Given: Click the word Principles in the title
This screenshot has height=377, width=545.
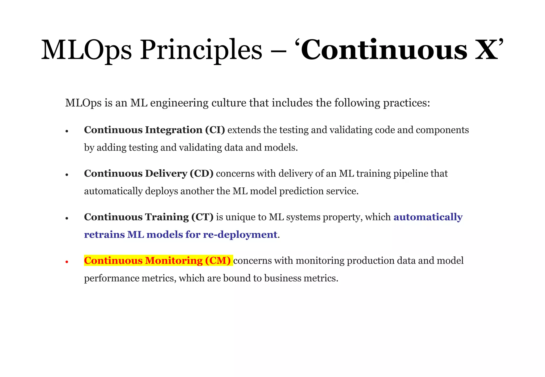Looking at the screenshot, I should click(201, 50).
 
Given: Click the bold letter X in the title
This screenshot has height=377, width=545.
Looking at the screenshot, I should click(486, 50).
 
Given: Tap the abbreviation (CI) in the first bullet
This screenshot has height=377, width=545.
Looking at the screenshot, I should click(215, 130).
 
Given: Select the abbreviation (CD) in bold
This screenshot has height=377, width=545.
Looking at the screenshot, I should click(201, 174).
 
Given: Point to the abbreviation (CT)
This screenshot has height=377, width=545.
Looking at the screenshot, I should click(202, 217).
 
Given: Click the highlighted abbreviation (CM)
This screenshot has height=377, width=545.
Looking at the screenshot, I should click(218, 261).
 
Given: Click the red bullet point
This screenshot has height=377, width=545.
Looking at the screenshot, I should click(67, 262).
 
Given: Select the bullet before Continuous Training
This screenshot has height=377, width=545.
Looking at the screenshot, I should click(67, 219).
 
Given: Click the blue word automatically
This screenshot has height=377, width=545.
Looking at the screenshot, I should click(428, 217).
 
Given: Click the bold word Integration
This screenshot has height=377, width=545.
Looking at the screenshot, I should click(174, 130).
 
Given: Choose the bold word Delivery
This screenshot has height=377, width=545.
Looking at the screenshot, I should click(166, 174).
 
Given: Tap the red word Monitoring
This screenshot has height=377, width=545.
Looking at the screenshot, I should click(174, 261).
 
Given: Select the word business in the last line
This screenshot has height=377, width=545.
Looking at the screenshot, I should click(283, 278).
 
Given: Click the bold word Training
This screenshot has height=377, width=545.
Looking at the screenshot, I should click(167, 217).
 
